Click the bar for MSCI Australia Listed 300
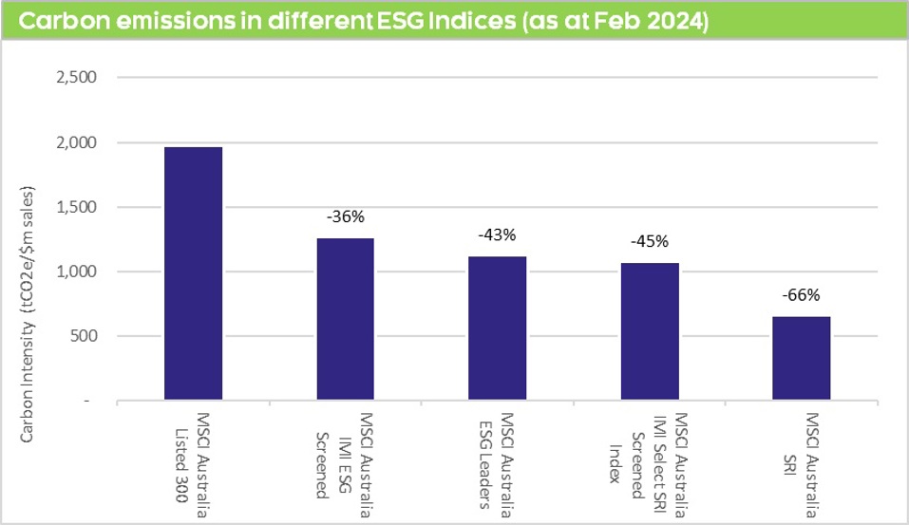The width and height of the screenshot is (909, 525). (x=193, y=273)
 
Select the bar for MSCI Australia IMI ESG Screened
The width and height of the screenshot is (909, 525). (x=345, y=319)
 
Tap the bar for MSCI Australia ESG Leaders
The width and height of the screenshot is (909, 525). (x=497, y=328)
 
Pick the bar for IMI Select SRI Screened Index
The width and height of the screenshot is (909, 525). (x=649, y=331)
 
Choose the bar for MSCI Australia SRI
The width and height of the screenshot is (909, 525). (x=801, y=358)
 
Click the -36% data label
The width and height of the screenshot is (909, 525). (x=345, y=217)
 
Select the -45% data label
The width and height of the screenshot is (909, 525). (x=649, y=240)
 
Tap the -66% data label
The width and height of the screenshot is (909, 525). (x=801, y=294)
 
